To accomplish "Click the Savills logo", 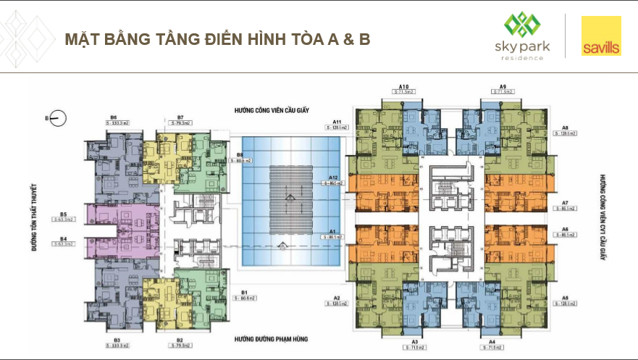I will [600, 37].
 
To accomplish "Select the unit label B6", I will [114, 117].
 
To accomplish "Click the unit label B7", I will [180, 117].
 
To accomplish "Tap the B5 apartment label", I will [64, 214].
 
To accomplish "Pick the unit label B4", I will [64, 238].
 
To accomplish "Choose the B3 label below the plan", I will [116, 339].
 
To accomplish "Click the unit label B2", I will [180, 339].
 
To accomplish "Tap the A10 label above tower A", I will [404, 86].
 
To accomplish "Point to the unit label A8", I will [564, 127].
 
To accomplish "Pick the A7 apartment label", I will [564, 202].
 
